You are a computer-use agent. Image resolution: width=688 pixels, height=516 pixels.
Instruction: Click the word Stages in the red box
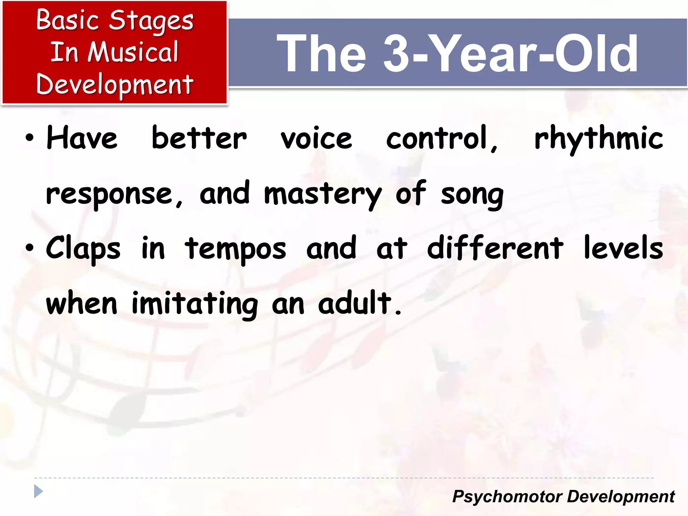[151, 21]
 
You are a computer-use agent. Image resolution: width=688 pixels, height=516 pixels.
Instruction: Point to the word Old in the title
[596, 54]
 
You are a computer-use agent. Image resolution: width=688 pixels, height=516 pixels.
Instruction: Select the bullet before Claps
[30, 248]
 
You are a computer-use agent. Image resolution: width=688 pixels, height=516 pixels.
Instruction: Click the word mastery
[323, 194]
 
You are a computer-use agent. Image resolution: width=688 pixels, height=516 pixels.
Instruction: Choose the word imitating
[195, 304]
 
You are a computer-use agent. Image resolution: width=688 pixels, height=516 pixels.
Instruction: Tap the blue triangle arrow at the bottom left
[38, 491]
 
